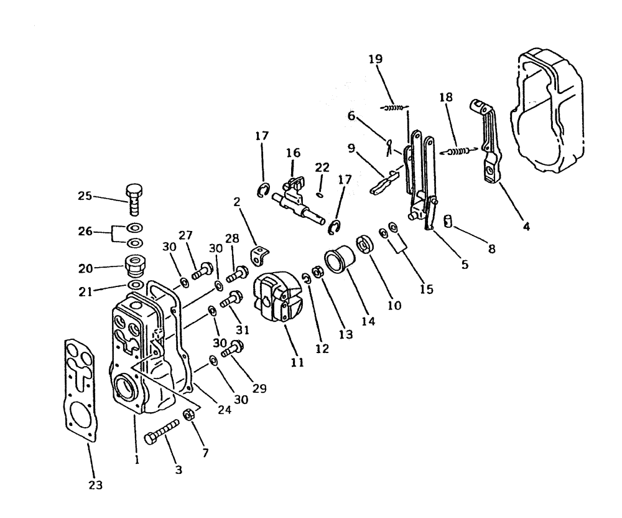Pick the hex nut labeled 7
pyautogui.click(x=190, y=415)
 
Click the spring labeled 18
pyautogui.click(x=461, y=150)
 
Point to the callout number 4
pyautogui.click(x=526, y=227)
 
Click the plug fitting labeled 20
pyautogui.click(x=135, y=266)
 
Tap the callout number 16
pyautogui.click(x=293, y=153)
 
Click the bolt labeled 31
pyautogui.click(x=232, y=299)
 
